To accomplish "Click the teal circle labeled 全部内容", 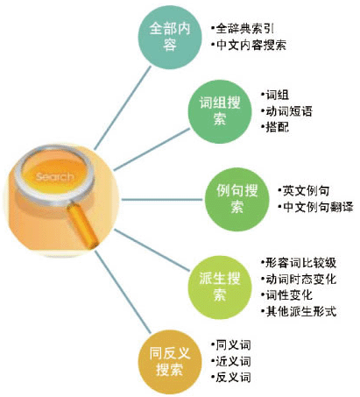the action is tap(170, 38).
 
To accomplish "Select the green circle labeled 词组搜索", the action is tap(220, 111).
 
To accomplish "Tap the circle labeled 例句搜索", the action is tap(236, 199).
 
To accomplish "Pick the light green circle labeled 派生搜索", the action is tap(220, 287).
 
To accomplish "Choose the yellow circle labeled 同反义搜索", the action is tap(170, 362).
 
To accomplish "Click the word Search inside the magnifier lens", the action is tap(54, 176).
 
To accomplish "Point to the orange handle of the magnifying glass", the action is tap(83, 225).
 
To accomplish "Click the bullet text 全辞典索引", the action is tap(245, 28).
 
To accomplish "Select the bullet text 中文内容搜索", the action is tap(251, 45).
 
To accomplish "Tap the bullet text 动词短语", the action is tap(289, 111).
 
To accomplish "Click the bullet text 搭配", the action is tap(278, 127).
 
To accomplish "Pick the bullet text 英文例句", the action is tap(307, 190).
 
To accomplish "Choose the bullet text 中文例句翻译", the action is tap(318, 207).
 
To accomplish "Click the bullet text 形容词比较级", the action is tap(301, 263).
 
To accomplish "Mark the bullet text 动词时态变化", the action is tap(301, 279).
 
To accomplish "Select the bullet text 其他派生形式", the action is tap(301, 311).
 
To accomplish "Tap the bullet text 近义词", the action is tap(233, 361).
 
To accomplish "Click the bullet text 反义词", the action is tap(233, 378).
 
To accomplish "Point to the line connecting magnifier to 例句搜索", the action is tap(162, 200).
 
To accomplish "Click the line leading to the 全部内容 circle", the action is tap(123, 108).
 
